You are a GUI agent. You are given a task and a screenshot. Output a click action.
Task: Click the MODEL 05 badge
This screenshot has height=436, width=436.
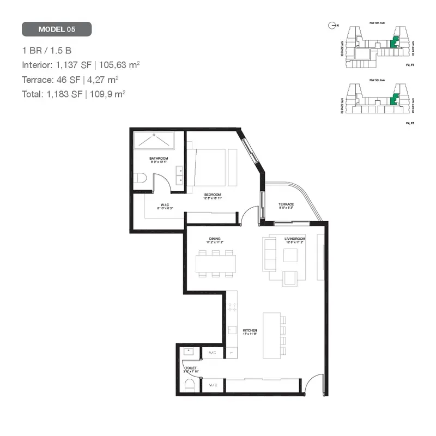pyautogui.click(x=57, y=29)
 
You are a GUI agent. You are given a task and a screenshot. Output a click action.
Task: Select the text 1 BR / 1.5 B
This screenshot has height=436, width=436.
pyautogui.click(x=47, y=51)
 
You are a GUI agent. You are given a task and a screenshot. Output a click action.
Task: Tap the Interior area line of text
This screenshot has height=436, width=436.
pyautogui.click(x=81, y=65)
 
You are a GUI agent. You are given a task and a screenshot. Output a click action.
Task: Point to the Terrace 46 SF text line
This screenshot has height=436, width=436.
pyautogui.click(x=70, y=79)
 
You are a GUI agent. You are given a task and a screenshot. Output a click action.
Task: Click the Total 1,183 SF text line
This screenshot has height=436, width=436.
pyautogui.click(x=74, y=93)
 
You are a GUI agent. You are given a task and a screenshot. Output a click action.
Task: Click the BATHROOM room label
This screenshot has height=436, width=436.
pyautogui.click(x=159, y=159)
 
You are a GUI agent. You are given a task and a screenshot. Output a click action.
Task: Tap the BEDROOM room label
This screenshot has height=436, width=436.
pyautogui.click(x=213, y=195)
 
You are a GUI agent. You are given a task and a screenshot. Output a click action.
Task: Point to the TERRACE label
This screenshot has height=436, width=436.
pyautogui.click(x=286, y=205)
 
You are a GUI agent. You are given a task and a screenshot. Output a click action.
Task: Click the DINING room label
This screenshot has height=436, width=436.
pyautogui.click(x=214, y=239)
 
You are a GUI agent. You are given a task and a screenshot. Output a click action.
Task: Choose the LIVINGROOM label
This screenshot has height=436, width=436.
pyautogui.click(x=295, y=239)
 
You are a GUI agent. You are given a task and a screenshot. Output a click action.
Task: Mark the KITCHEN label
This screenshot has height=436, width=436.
pyautogui.click(x=250, y=331)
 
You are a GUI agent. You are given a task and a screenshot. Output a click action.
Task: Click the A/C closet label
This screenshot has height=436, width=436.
pyautogui.click(x=212, y=353)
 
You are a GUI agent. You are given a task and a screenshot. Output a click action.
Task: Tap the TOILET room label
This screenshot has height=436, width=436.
pyautogui.click(x=190, y=368)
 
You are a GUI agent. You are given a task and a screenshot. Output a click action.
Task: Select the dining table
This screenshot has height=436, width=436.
pyautogui.click(x=217, y=264)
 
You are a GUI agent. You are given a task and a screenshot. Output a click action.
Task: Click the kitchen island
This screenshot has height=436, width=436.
pyautogui.click(x=271, y=335)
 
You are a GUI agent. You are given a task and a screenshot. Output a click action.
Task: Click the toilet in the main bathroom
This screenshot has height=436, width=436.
pyautogui.click(x=139, y=179)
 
